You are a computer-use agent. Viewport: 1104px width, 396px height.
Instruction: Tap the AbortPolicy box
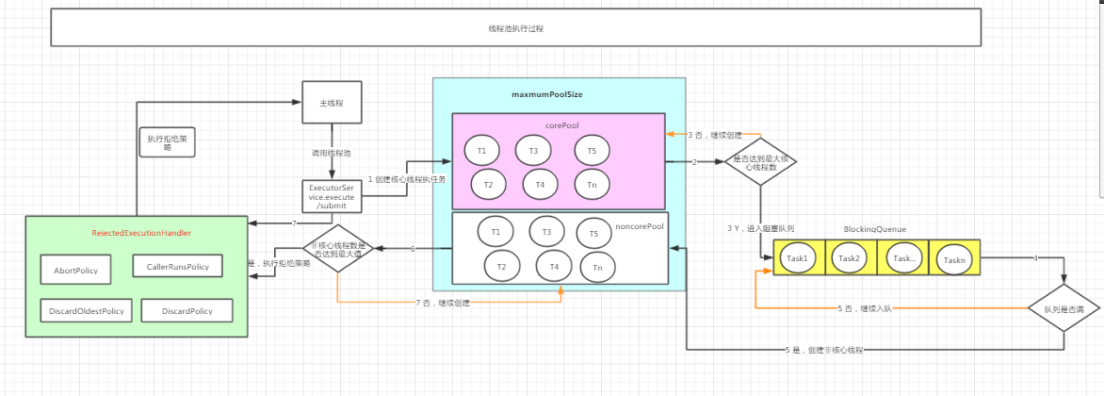74,271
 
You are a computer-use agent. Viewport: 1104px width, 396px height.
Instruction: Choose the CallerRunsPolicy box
177,267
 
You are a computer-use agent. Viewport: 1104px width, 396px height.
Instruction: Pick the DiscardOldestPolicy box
86,310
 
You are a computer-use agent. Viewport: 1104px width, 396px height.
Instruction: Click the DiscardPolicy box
187,310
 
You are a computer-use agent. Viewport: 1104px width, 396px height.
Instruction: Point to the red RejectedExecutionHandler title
140,232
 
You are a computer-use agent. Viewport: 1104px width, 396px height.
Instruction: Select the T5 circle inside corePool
592,150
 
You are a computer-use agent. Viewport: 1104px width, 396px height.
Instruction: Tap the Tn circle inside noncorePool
597,268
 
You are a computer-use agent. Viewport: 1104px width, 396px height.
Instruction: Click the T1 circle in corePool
481,150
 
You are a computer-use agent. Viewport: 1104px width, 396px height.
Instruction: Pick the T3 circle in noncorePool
546,230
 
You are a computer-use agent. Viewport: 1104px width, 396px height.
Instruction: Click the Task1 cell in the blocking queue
798,257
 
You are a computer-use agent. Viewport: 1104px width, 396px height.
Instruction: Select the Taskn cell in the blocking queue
953,257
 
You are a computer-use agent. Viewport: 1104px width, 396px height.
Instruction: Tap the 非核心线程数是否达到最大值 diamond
339,249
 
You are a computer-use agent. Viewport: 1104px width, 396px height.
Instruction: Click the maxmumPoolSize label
546,94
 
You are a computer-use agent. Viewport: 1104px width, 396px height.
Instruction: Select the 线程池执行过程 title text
515,28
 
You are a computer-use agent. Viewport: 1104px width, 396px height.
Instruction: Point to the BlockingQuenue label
875,228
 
